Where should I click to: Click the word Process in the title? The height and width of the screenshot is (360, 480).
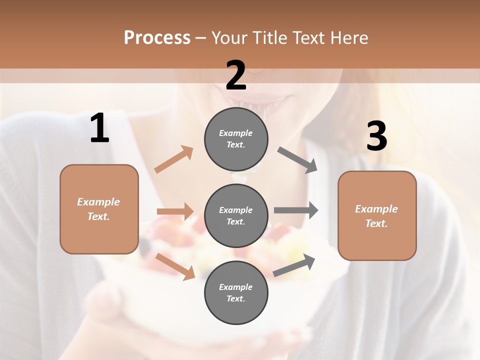(x=157, y=37)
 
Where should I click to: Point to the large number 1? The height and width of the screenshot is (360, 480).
(x=99, y=128)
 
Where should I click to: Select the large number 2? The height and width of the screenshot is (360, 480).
(x=236, y=75)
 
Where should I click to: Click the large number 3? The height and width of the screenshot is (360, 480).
(x=376, y=136)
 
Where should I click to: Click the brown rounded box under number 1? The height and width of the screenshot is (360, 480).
(x=99, y=209)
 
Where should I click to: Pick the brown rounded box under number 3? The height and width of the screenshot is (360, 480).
(x=377, y=216)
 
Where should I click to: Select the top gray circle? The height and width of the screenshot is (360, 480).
(x=236, y=138)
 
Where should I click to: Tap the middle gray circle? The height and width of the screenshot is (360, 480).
(x=236, y=215)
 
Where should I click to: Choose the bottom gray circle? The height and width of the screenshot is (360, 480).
(x=236, y=292)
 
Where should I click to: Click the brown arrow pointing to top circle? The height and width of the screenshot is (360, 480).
(x=173, y=159)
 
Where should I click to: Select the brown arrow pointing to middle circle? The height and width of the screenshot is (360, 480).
(x=175, y=211)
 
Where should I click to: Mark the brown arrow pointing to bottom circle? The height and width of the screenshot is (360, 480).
(x=175, y=266)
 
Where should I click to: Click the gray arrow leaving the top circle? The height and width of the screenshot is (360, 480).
(x=297, y=160)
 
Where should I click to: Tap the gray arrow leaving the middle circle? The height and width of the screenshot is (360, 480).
(x=295, y=210)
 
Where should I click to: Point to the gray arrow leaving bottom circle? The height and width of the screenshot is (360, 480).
(x=294, y=265)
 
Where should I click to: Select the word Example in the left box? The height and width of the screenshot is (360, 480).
(x=98, y=202)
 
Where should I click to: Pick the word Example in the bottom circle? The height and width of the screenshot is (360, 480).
(x=235, y=287)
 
